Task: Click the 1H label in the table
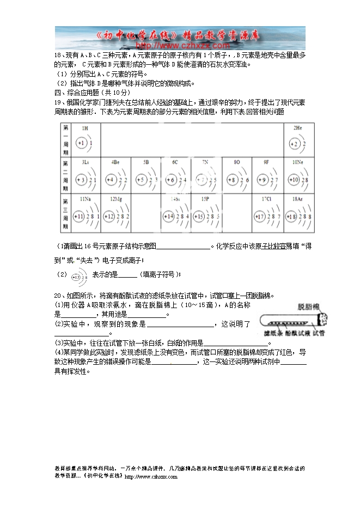pyautogui.click(x=85, y=128)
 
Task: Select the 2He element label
pyautogui.click(x=297, y=128)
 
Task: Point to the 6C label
pyautogui.click(x=175, y=162)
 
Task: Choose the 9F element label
pyautogui.click(x=266, y=162)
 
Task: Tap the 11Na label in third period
pyautogui.click(x=85, y=199)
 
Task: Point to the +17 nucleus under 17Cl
pyautogui.click(x=260, y=217)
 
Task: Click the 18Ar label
pyautogui.click(x=297, y=199)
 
